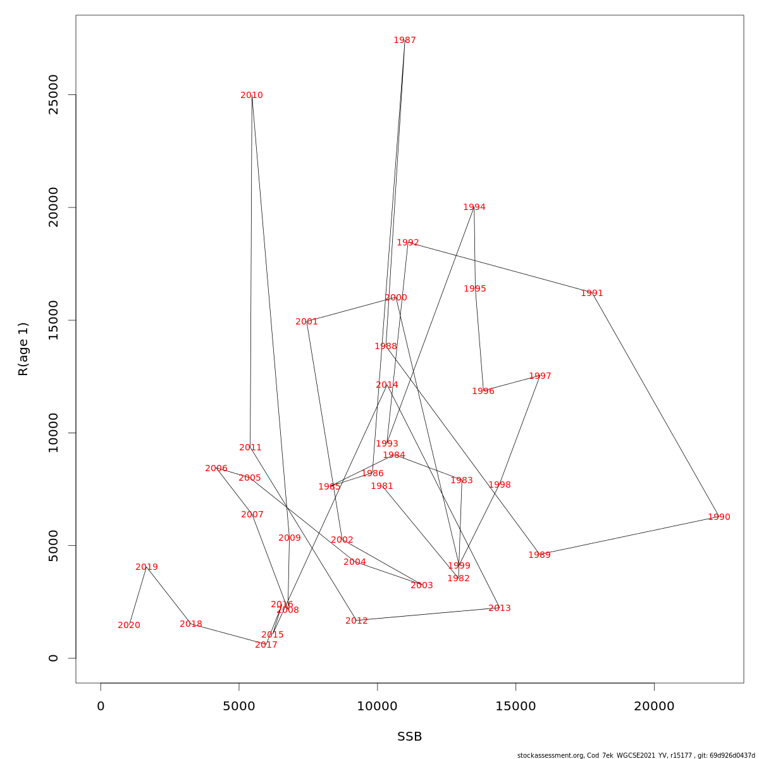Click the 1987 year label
coord(405,40)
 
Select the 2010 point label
coord(252,96)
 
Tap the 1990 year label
coord(719,517)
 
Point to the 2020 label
coord(129,626)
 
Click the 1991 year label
coord(592,293)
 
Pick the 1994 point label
coord(474,207)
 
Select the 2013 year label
coord(500,608)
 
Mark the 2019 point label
coord(147,567)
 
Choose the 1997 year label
coord(540,376)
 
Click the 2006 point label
coord(216,469)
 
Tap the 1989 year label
coord(540,555)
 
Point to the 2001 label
coord(307,322)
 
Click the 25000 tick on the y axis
coord(54,95)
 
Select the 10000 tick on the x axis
coord(377,707)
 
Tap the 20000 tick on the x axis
coord(654,707)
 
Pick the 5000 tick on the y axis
coord(54,545)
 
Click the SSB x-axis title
coord(409,737)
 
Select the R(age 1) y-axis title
coord(23,349)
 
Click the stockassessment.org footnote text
coord(636,755)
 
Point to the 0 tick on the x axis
coord(101,707)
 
